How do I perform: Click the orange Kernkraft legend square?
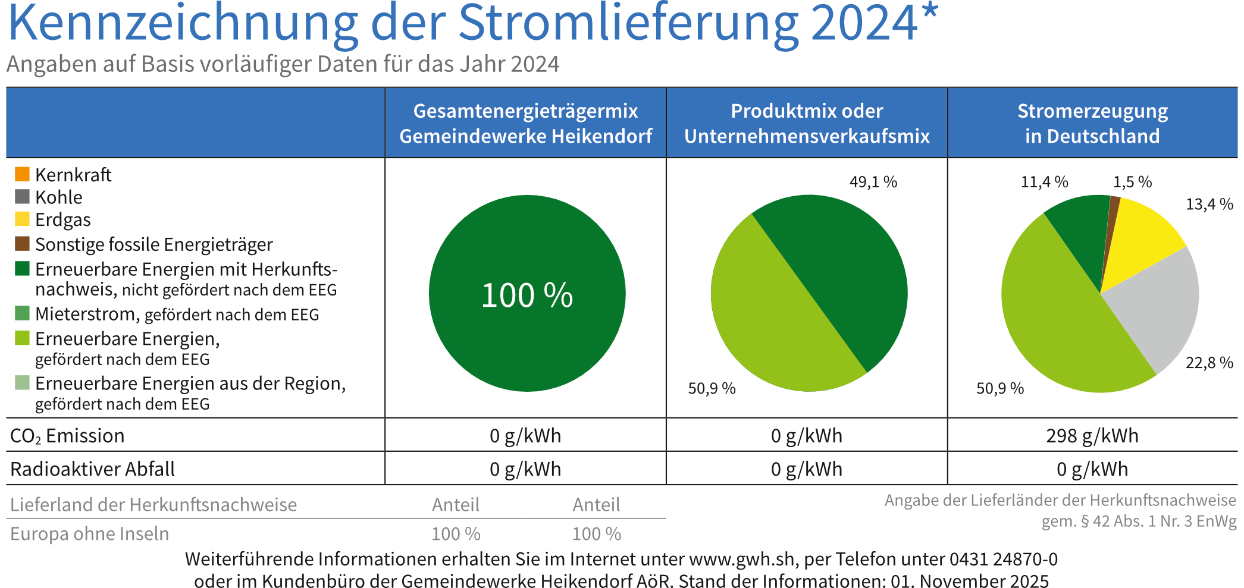tap(22, 174)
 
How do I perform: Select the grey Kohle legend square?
tap(22, 197)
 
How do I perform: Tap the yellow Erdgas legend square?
tap(22, 219)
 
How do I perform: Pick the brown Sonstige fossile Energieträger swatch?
tap(22, 244)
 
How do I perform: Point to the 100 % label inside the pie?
tap(527, 295)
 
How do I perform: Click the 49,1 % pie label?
tap(873, 182)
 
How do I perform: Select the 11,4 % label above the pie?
tap(1044, 182)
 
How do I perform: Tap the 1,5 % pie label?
tap(1132, 182)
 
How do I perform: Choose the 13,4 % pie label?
tap(1209, 205)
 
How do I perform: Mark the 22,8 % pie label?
tap(1209, 363)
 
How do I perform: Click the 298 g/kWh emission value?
tap(1092, 436)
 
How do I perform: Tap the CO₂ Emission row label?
tap(67, 436)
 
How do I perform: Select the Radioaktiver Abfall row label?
tap(92, 469)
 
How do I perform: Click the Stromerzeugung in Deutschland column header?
tap(1092, 123)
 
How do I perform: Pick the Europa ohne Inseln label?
tap(89, 534)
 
